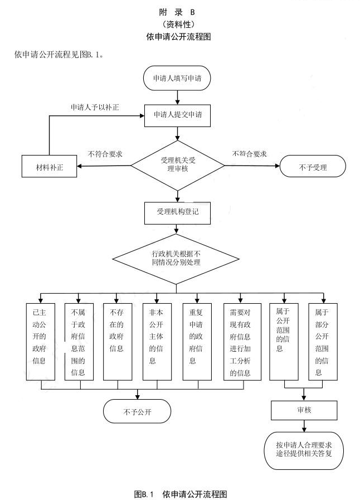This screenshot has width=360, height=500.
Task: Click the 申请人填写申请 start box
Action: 177,79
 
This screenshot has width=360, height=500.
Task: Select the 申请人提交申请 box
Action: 177,115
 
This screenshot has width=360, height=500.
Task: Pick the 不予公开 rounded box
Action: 137,412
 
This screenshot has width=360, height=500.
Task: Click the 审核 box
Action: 304,410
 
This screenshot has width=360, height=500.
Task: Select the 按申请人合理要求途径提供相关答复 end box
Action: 304,449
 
